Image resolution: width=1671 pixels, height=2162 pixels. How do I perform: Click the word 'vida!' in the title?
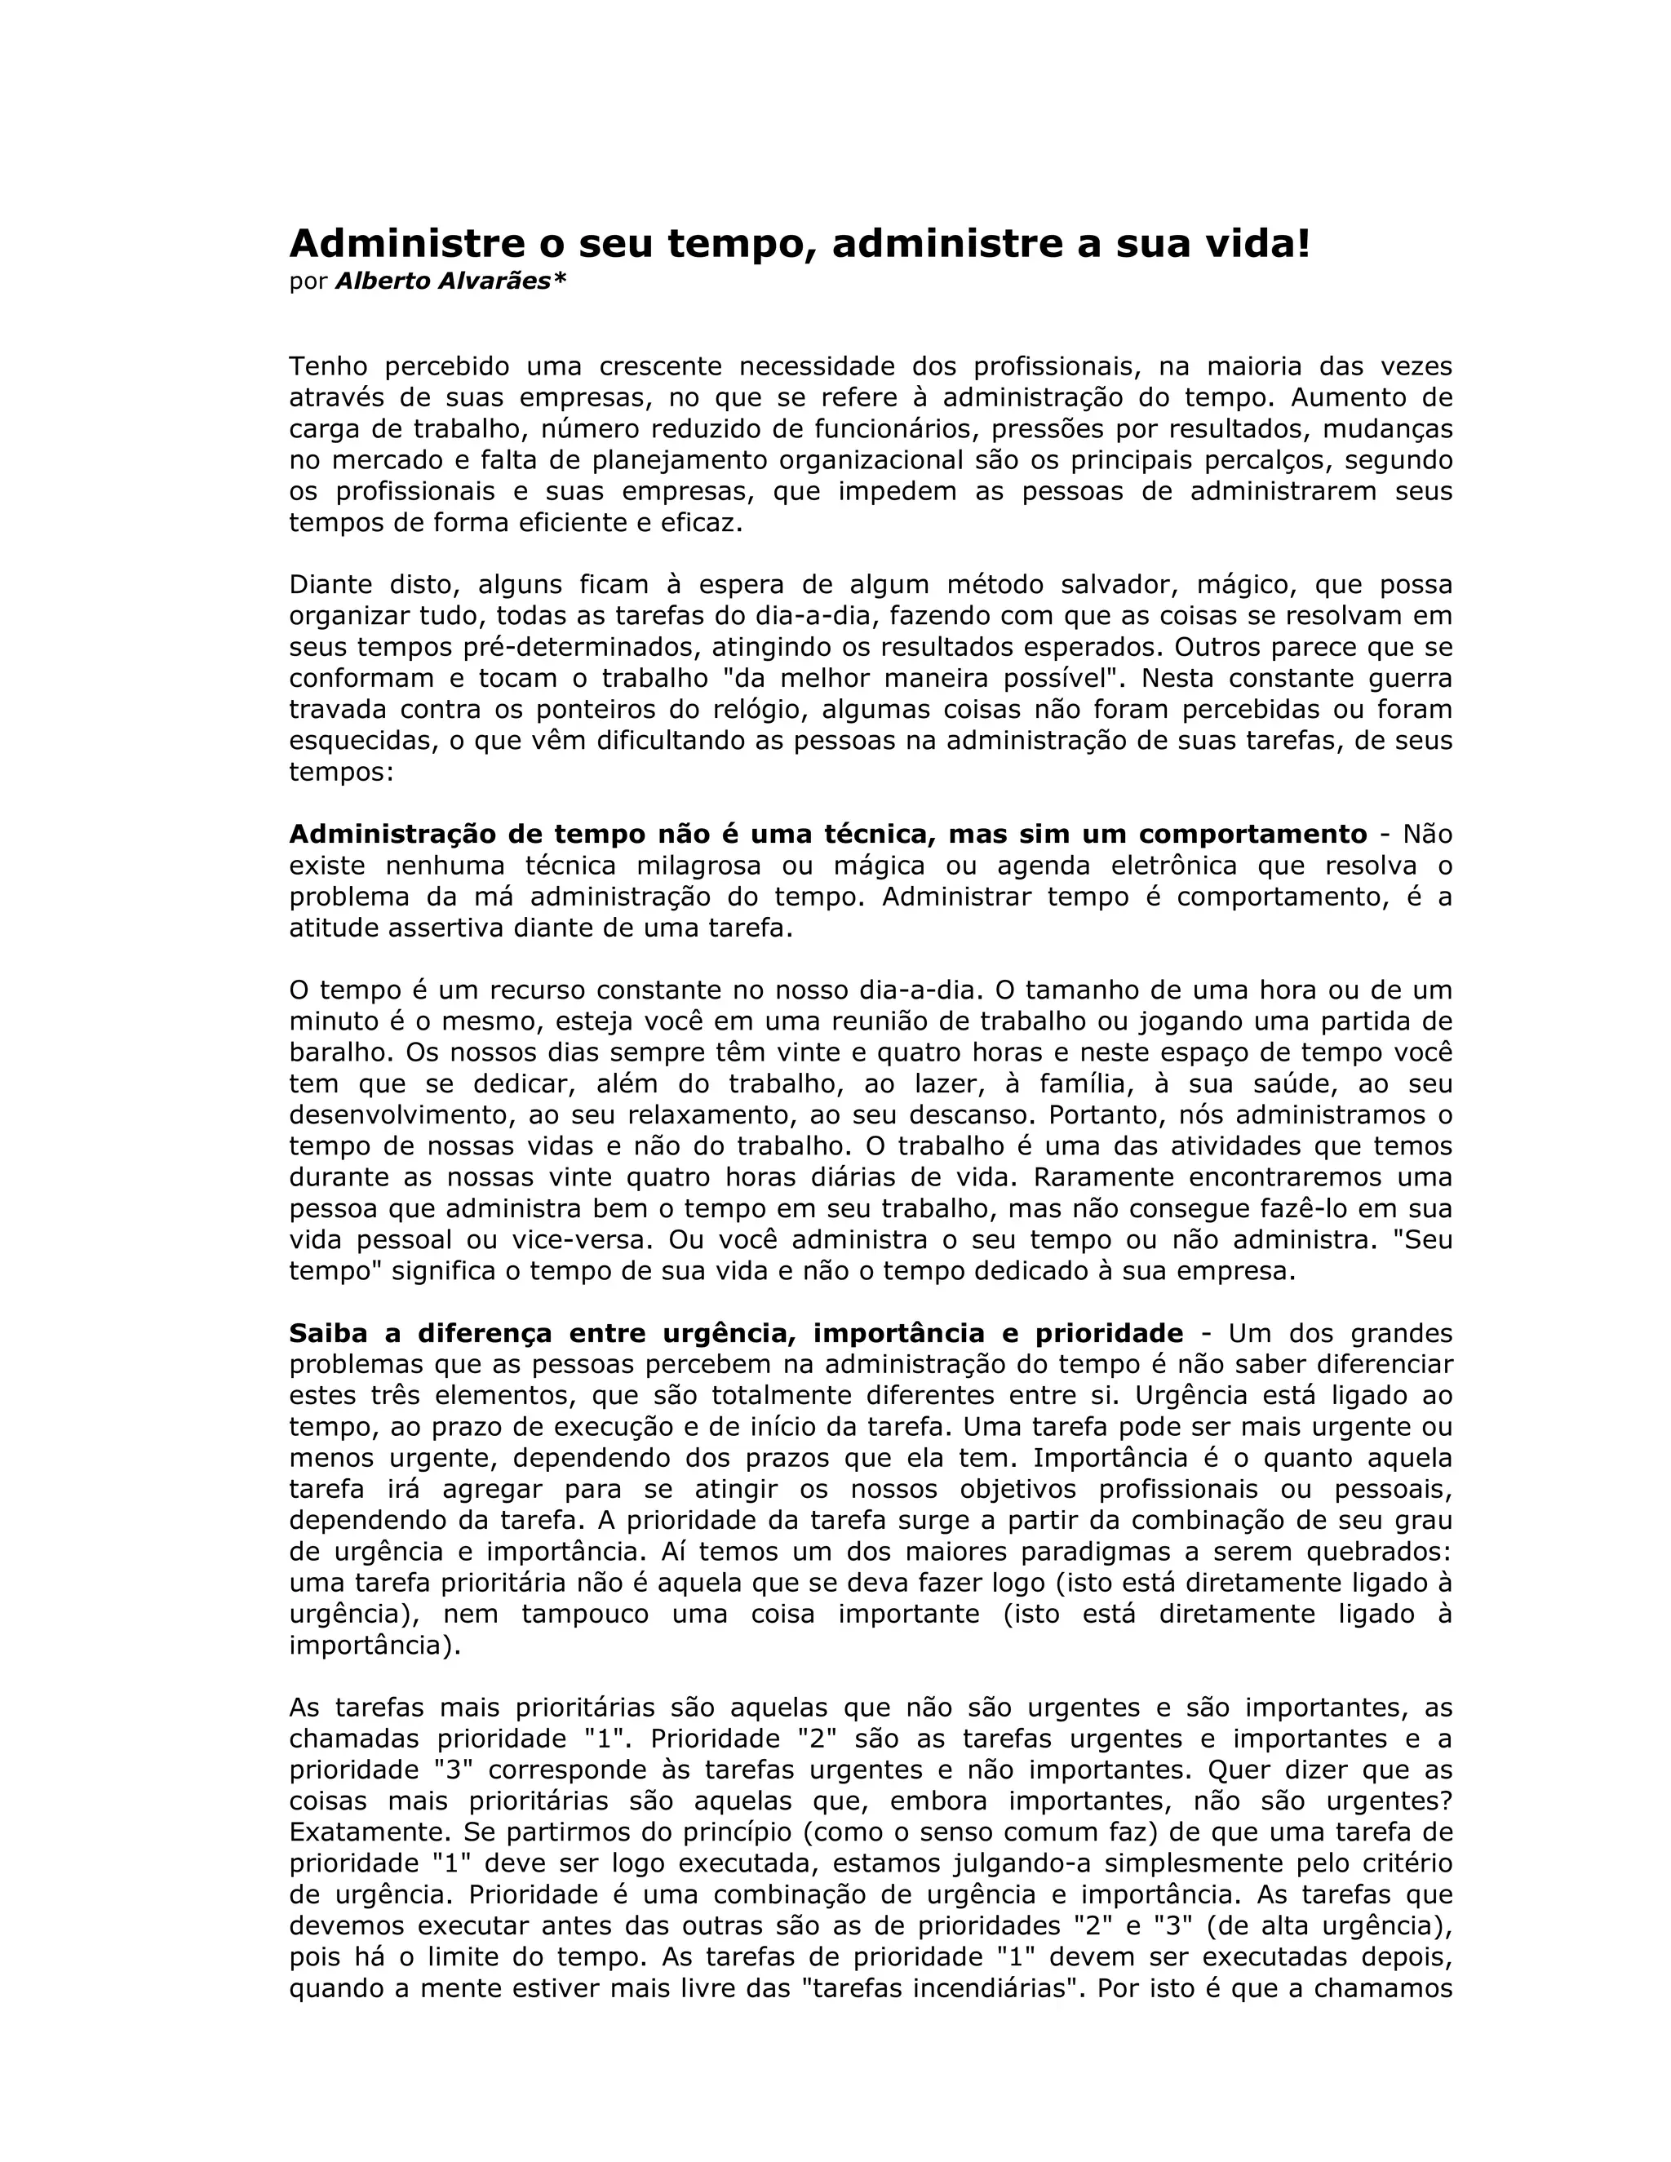coord(1257,243)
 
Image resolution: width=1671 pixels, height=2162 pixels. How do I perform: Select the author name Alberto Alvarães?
coord(450,281)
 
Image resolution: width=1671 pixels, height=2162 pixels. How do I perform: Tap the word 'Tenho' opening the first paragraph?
coord(328,366)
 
